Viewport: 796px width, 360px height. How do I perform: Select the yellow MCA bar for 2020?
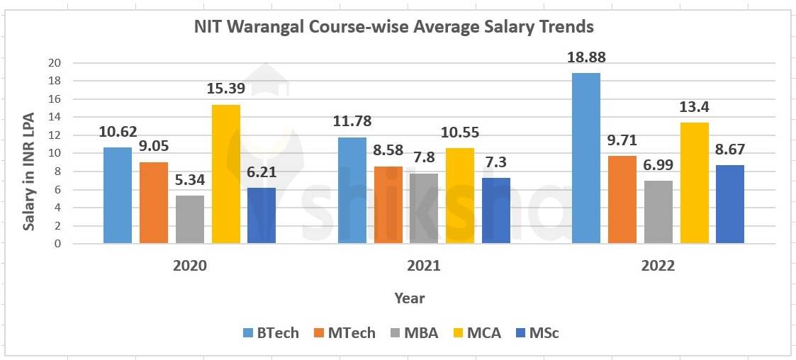tap(225, 174)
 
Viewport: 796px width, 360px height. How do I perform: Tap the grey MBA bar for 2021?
tap(423, 208)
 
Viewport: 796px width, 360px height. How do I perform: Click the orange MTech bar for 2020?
tap(153, 203)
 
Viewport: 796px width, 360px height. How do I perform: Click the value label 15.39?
tap(225, 89)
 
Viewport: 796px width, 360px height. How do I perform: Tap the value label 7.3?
tap(495, 162)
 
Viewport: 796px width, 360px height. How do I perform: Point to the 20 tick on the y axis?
tap(55, 63)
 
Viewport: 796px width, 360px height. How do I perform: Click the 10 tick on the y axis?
tap(55, 153)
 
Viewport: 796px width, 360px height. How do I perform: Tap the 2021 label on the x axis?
tap(423, 266)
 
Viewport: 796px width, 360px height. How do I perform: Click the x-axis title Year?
tap(410, 298)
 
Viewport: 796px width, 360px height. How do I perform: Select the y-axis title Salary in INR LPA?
tap(30, 153)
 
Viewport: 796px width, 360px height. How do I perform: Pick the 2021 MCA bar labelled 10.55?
tap(459, 196)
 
